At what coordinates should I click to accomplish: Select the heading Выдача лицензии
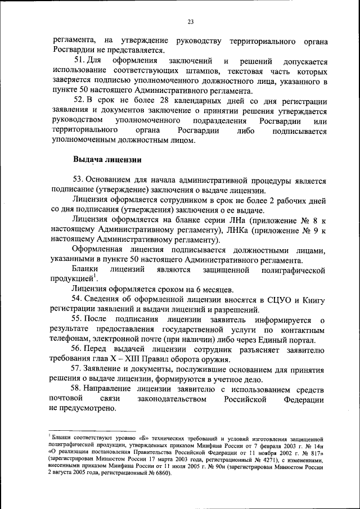pyautogui.click(x=101, y=159)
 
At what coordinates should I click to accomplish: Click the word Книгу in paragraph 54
pyautogui.click(x=313, y=300)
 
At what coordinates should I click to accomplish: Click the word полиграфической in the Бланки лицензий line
pyautogui.click(x=294, y=271)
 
